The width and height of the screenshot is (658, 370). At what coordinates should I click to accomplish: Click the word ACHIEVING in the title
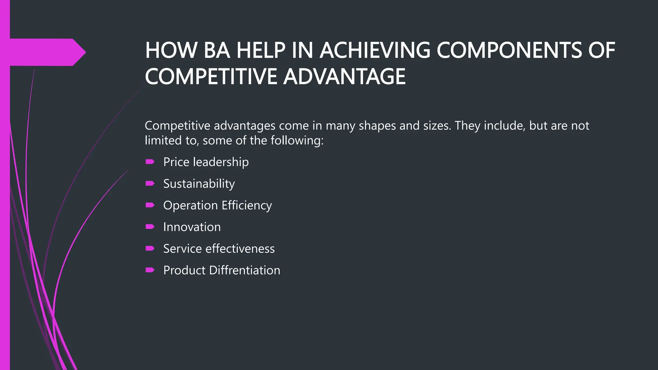click(375, 50)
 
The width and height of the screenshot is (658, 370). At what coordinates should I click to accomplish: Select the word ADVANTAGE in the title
click(344, 77)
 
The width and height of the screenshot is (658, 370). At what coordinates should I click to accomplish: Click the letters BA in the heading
click(217, 50)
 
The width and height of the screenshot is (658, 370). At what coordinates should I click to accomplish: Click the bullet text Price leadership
click(206, 162)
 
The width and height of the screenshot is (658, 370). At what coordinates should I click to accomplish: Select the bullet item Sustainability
click(199, 184)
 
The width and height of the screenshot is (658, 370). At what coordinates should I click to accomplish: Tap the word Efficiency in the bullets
click(246, 206)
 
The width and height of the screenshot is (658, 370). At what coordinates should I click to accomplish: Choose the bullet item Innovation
click(192, 227)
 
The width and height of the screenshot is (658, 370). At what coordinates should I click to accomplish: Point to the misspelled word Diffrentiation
click(245, 270)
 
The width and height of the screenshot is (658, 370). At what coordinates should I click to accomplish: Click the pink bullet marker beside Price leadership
click(150, 162)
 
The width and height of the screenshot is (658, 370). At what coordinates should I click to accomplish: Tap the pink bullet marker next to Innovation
click(150, 227)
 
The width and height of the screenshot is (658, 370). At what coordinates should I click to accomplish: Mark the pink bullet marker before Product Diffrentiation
click(150, 270)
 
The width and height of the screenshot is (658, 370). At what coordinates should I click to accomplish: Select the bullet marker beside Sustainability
click(150, 183)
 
